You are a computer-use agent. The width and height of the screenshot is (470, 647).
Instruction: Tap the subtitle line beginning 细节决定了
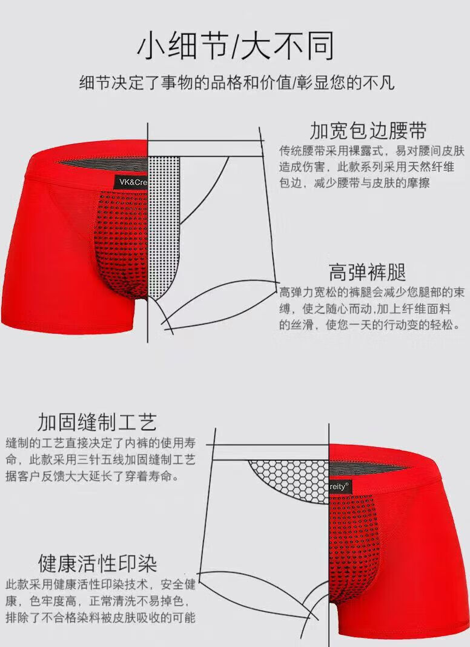pos(237,82)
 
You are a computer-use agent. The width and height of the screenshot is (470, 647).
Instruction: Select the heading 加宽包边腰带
pos(368,130)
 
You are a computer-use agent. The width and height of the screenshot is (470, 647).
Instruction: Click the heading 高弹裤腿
pos(367,272)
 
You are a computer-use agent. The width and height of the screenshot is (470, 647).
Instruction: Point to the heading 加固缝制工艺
pos(98,422)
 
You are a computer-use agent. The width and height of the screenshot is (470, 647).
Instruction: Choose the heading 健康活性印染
pos(98,563)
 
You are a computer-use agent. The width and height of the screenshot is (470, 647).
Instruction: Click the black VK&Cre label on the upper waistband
pos(131,182)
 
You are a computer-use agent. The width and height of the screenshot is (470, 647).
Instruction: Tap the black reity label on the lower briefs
pos(340,487)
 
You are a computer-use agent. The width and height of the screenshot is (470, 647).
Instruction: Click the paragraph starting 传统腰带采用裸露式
pos(372,167)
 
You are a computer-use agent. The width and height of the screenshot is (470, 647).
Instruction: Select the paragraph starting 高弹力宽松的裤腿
pos(372,308)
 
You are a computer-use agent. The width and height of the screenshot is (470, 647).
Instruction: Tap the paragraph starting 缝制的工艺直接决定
pos(101,460)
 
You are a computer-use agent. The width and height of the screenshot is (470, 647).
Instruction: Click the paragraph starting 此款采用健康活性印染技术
pos(101,601)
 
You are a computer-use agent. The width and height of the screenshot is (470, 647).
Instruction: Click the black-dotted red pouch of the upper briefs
pos(122,244)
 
